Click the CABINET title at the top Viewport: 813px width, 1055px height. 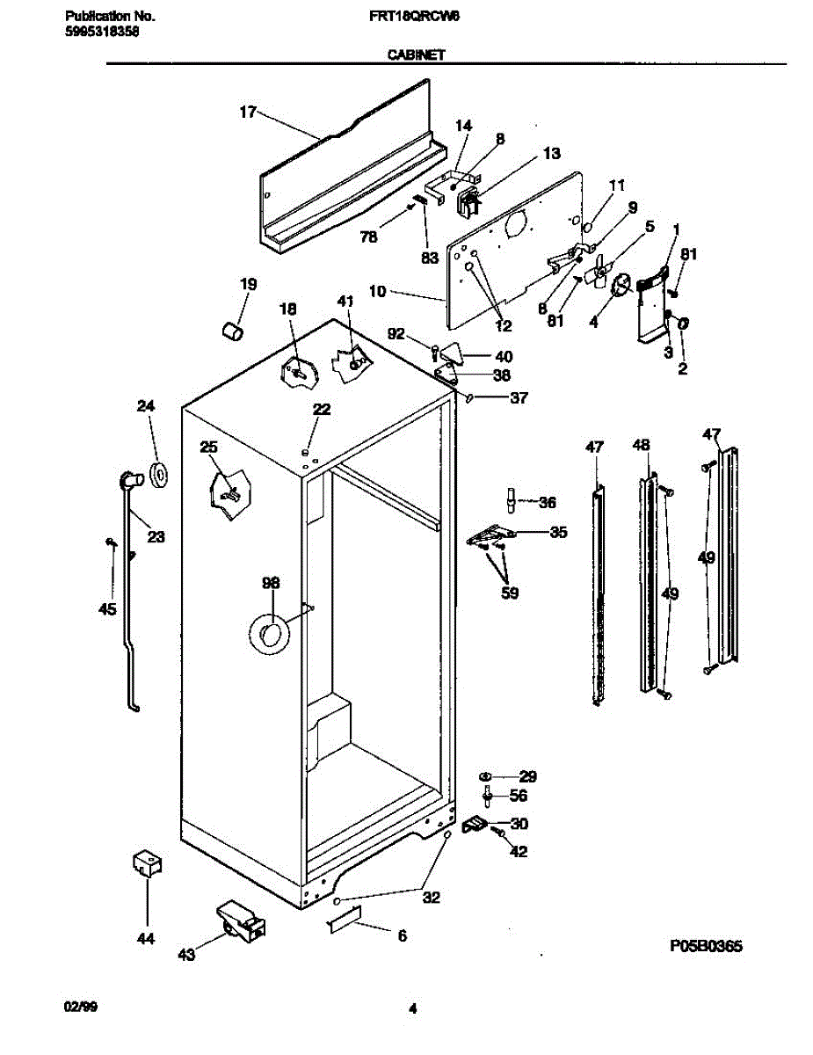pyautogui.click(x=416, y=55)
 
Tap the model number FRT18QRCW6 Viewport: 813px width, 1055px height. pyautogui.click(x=416, y=17)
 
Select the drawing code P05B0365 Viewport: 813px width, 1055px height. pyautogui.click(x=706, y=946)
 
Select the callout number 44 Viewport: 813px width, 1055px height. pyautogui.click(x=145, y=939)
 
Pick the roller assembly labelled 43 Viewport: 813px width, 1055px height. pyautogui.click(x=239, y=920)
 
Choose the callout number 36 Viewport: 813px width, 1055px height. pyautogui.click(x=547, y=503)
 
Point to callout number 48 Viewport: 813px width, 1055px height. pyautogui.click(x=642, y=446)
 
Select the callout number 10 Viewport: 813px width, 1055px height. pyautogui.click(x=377, y=291)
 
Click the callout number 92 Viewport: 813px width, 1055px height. pyautogui.click(x=396, y=333)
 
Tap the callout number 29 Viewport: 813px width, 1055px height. pyautogui.click(x=527, y=776)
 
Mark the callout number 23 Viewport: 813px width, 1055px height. pyautogui.click(x=156, y=536)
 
